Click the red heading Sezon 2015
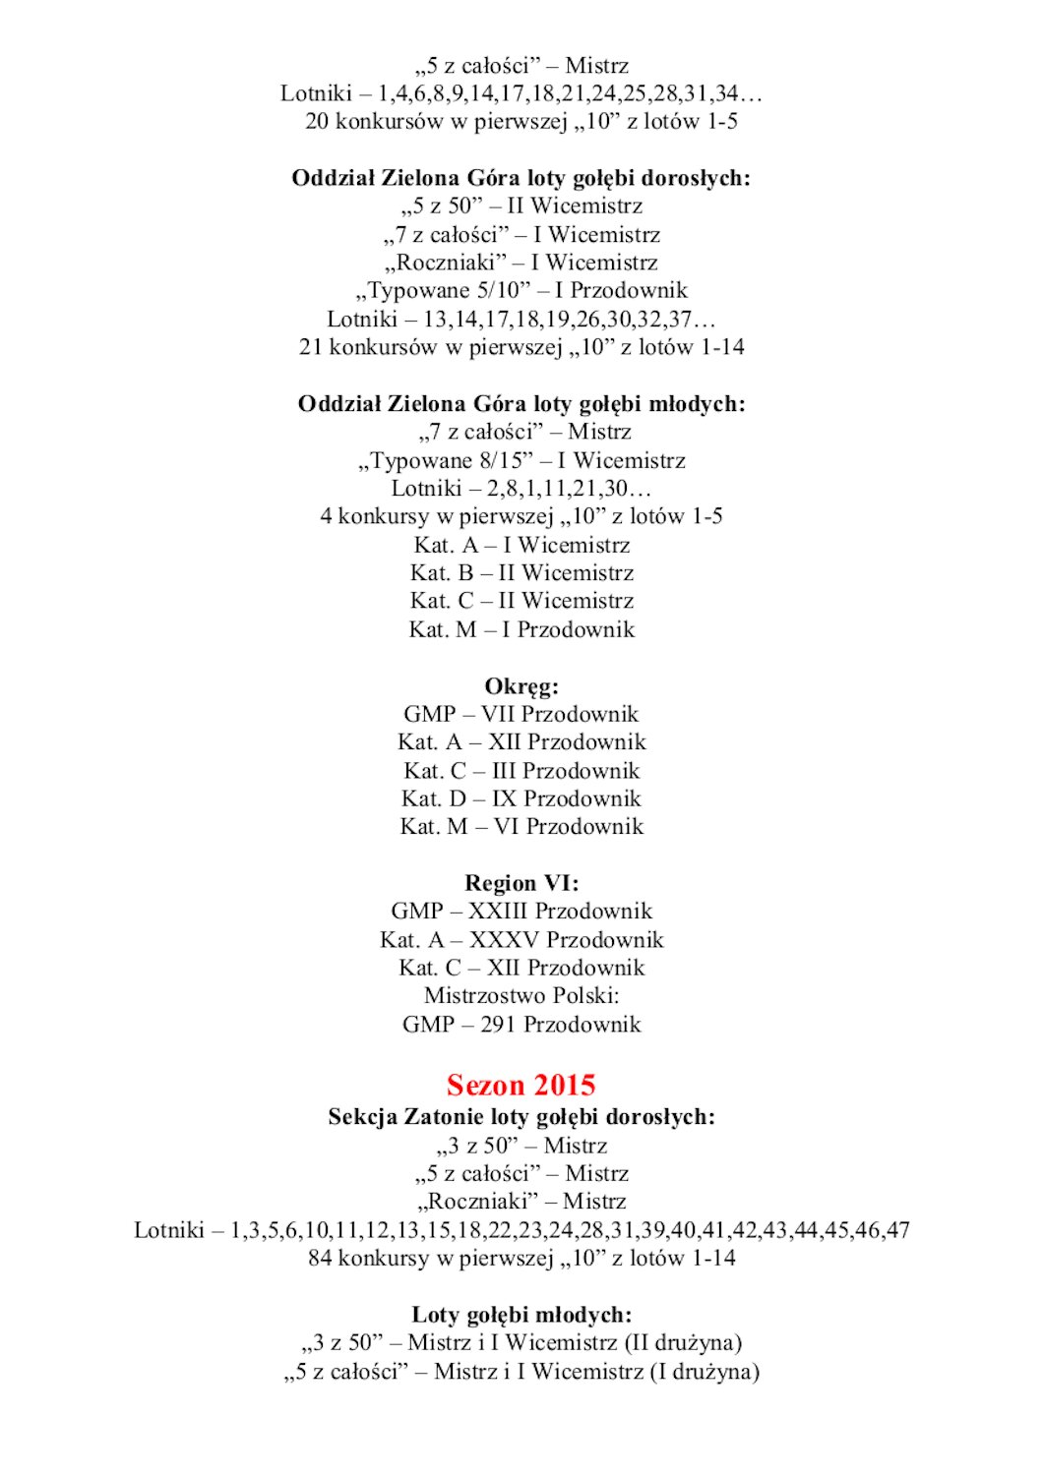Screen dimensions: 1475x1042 coord(521,1085)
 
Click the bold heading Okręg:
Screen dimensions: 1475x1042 coord(521,686)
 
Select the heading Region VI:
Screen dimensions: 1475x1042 coord(521,883)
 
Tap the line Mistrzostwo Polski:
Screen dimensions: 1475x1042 coord(521,995)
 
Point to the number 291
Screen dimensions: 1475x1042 coord(499,1024)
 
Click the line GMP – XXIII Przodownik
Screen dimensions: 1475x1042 coord(521,911)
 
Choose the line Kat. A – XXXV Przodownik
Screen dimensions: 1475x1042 coord(521,939)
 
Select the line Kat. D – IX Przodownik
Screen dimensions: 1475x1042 coord(521,798)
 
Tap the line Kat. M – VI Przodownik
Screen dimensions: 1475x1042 coord(521,826)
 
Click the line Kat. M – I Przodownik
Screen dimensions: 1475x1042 coord(521,629)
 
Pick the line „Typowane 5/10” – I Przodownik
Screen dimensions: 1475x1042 coord(521,290)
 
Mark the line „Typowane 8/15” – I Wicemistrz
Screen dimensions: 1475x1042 coord(521,460)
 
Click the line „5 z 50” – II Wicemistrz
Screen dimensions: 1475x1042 coord(521,206)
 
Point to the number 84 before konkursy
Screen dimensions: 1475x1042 coord(321,1258)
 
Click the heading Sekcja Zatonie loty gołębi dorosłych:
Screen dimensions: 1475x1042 coord(521,1117)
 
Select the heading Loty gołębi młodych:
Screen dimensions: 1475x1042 coord(521,1315)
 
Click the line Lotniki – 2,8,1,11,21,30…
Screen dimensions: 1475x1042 coord(521,488)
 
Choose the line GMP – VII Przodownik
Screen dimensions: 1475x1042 coord(521,714)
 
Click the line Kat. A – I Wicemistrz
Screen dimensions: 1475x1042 coord(521,545)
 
